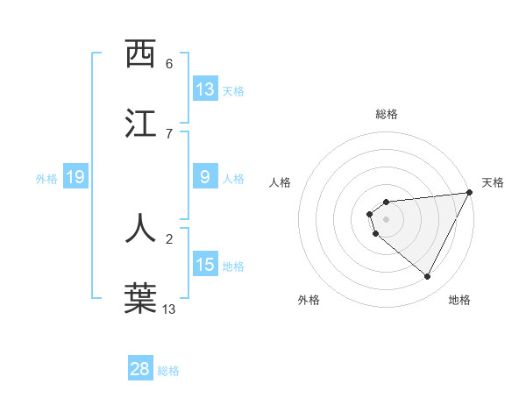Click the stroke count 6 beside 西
(x=169, y=64)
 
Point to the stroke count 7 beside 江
(x=169, y=133)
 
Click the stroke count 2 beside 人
(x=169, y=238)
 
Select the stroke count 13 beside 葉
(x=169, y=309)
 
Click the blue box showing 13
(x=205, y=89)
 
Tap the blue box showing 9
(x=205, y=177)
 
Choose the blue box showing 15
(x=205, y=264)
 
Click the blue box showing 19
(x=75, y=177)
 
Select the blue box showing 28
(x=140, y=369)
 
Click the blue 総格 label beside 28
(x=168, y=370)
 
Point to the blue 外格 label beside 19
(x=46, y=178)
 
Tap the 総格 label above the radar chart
(x=387, y=114)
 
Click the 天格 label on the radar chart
(x=493, y=182)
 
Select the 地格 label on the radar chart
(x=459, y=300)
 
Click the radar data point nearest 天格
(x=469, y=192)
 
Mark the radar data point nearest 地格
(x=428, y=277)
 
